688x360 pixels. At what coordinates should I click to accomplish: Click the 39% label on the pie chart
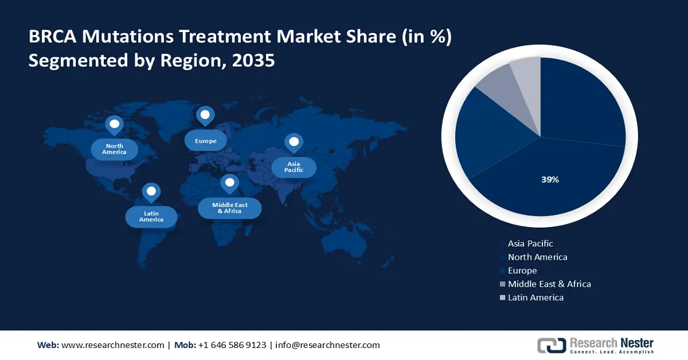(x=550, y=179)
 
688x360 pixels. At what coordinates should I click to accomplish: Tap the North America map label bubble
(x=114, y=149)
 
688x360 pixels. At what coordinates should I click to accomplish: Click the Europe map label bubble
(x=205, y=140)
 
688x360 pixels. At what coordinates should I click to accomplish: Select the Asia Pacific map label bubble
(x=294, y=167)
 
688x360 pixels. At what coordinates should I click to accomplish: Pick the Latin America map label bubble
(x=151, y=216)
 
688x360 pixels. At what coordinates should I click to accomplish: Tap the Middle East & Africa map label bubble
(x=229, y=208)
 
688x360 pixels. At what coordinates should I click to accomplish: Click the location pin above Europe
(x=205, y=115)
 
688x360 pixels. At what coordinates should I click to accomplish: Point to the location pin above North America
(x=114, y=124)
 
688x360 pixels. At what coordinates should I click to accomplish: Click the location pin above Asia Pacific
(x=294, y=142)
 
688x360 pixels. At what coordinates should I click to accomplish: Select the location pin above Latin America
(x=151, y=191)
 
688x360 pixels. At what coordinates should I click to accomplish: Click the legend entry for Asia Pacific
(x=530, y=244)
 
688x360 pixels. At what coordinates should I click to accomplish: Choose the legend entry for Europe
(x=522, y=271)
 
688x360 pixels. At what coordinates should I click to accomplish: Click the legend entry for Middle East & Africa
(x=549, y=284)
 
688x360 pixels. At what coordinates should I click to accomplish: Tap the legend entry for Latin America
(x=535, y=298)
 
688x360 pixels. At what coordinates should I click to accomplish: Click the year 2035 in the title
(x=253, y=60)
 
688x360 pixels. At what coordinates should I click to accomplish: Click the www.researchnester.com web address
(x=112, y=345)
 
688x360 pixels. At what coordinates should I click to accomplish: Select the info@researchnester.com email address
(x=327, y=345)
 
